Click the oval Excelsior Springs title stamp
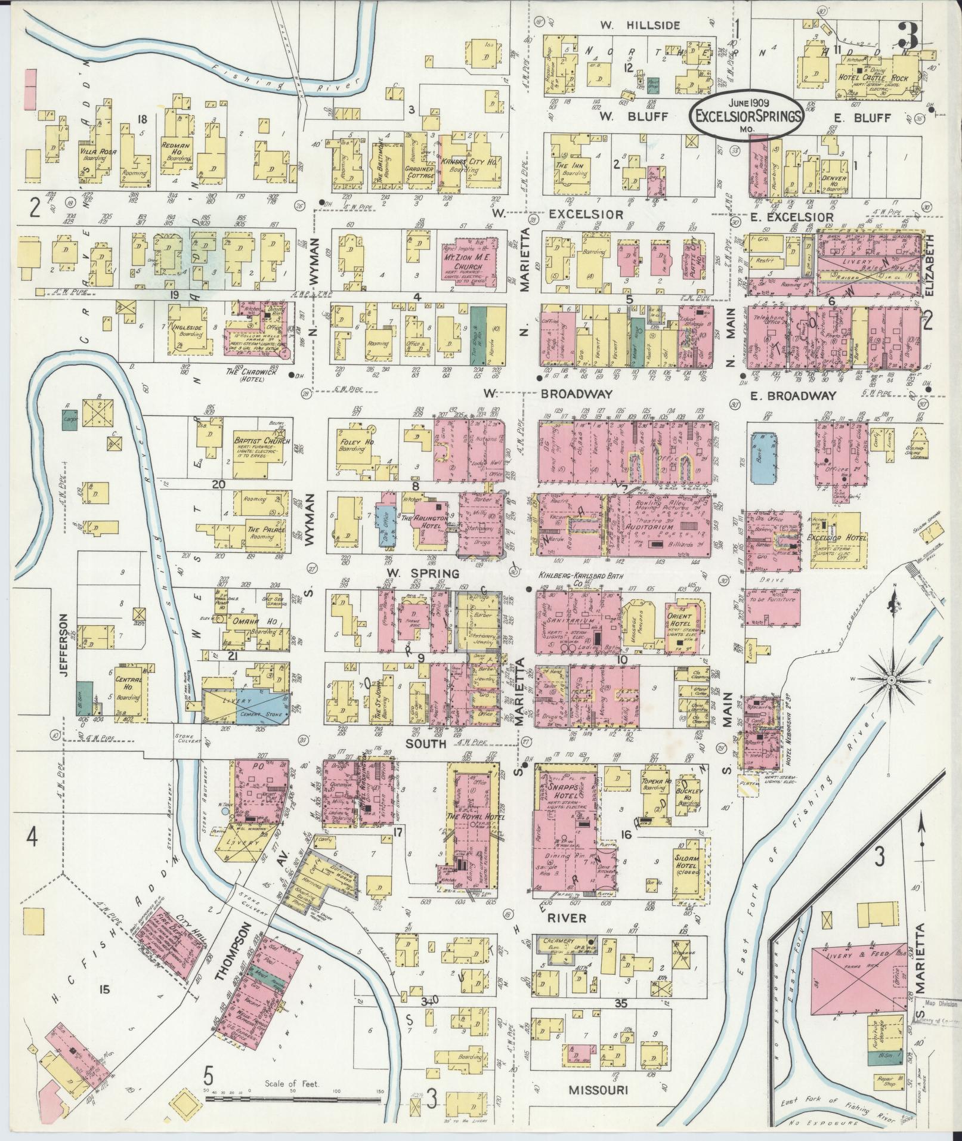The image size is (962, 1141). point(746,117)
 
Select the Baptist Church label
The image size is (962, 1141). point(262,442)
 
